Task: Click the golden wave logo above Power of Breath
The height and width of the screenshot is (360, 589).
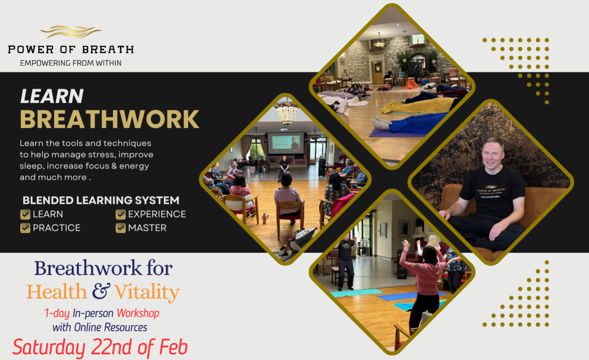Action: point(70,32)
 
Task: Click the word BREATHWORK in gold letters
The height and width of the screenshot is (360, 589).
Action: point(109,119)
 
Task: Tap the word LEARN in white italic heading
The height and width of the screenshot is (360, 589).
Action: point(52,96)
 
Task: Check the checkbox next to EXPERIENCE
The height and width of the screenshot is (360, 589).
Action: point(120,215)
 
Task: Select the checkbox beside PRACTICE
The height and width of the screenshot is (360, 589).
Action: point(25,228)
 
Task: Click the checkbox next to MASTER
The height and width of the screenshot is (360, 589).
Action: point(120,228)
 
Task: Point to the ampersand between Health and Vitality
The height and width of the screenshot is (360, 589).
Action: point(101,291)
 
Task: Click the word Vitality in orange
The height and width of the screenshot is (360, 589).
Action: point(147,293)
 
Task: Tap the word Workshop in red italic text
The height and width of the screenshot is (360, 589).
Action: point(138,313)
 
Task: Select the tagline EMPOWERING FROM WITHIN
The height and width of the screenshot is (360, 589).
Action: point(71,63)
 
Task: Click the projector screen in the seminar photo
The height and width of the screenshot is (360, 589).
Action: point(286,143)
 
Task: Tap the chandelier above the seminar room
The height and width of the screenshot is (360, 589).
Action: point(286,111)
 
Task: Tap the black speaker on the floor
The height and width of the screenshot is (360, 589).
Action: point(402,264)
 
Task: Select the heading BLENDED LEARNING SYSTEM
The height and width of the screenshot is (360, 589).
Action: point(101,201)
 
